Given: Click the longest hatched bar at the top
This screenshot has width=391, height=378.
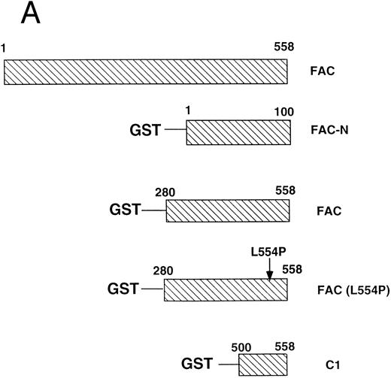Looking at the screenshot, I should coord(146,72).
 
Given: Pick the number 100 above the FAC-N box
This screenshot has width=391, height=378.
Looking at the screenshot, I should coord(283,110).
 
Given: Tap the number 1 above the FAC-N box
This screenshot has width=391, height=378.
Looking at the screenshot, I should coord(188,110).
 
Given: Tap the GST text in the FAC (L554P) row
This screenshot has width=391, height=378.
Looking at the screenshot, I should coord(123,288).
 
